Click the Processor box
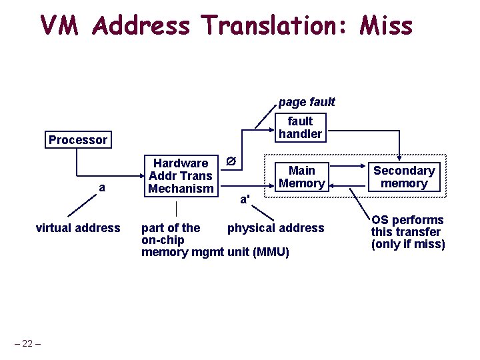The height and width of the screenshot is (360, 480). click(x=77, y=140)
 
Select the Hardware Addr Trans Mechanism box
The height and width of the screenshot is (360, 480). click(x=181, y=176)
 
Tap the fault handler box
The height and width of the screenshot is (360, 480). click(x=300, y=127)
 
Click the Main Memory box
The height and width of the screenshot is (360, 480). click(x=302, y=177)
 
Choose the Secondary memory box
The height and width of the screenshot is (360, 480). click(x=403, y=177)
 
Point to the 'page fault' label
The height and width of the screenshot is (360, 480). click(x=307, y=102)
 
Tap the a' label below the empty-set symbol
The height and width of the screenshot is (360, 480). click(x=245, y=199)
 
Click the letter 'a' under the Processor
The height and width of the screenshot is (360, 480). click(x=101, y=188)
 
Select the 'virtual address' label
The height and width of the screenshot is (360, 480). click(x=78, y=228)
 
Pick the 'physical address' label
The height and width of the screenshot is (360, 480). click(x=275, y=228)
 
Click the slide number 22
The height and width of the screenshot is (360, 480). click(x=27, y=343)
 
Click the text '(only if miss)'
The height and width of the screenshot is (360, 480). click(x=408, y=244)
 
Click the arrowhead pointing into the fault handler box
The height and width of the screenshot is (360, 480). click(x=273, y=127)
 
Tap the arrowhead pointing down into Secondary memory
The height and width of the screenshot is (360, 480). click(x=399, y=159)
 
